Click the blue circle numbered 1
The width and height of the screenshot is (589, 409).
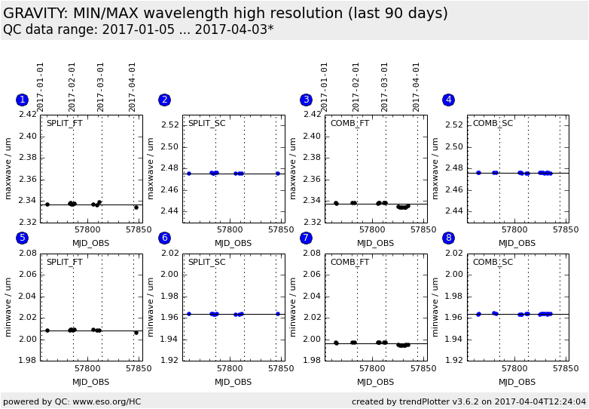[23, 100]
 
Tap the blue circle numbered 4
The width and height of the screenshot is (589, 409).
[449, 100]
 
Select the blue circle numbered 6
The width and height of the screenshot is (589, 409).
[164, 238]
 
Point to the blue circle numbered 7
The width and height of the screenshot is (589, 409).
[306, 238]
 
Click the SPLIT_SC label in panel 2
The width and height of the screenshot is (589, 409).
[206, 124]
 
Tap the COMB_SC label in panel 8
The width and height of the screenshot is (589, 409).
[493, 262]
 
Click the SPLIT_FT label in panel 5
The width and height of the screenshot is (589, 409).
[65, 262]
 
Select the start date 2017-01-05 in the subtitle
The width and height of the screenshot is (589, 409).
[121, 30]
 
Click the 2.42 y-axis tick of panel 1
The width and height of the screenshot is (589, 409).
[27, 115]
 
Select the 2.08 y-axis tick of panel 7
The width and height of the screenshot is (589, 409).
[312, 254]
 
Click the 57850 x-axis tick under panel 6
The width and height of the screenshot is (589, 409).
[281, 369]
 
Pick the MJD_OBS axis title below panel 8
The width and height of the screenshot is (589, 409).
[517, 382]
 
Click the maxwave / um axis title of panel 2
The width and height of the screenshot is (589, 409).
[151, 168]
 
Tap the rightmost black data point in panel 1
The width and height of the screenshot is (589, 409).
[136, 207]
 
